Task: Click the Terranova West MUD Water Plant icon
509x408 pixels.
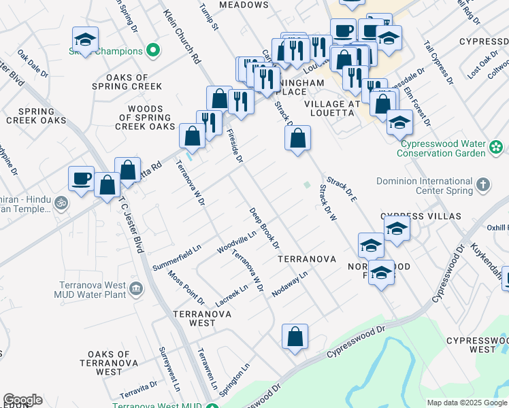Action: point(136,289)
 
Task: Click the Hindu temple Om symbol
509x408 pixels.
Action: point(60,203)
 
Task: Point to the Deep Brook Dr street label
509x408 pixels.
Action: point(265,227)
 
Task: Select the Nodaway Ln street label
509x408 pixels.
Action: point(290,284)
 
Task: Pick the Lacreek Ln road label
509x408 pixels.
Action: point(231,294)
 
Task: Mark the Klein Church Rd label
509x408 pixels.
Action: point(182,37)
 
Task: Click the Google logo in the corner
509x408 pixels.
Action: point(22,400)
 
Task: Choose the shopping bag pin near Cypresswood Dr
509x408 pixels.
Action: point(295,337)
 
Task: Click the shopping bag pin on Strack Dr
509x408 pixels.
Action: point(297,139)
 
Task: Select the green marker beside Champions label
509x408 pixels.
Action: point(154,51)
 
